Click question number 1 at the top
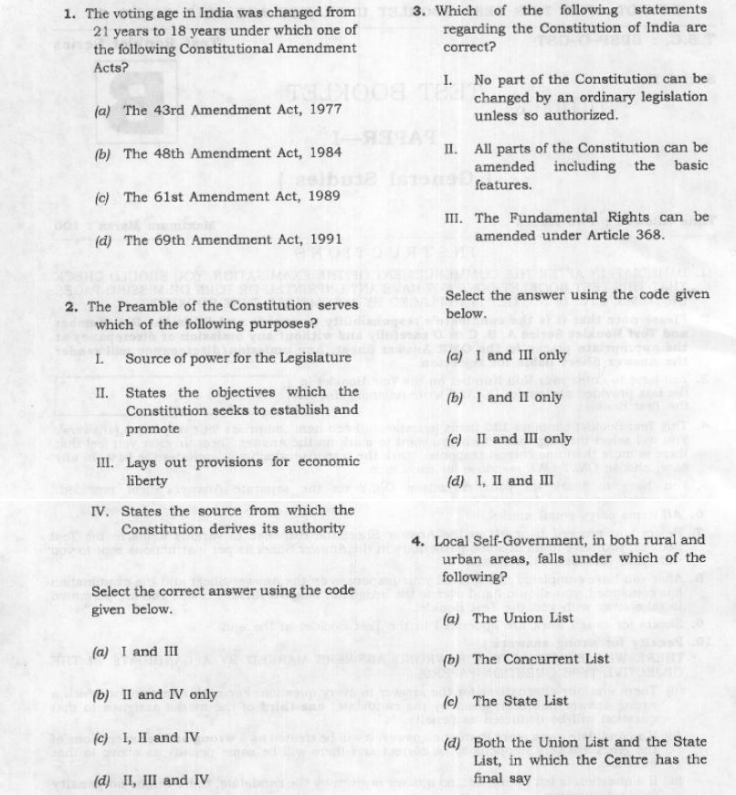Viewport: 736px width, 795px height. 70,14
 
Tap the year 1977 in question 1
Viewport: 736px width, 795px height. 325,110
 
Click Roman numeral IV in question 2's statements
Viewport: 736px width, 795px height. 102,510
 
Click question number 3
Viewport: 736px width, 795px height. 417,10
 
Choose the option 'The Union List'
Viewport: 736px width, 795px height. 522,618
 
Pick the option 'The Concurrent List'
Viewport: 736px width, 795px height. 539,659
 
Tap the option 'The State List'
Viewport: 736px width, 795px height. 520,701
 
